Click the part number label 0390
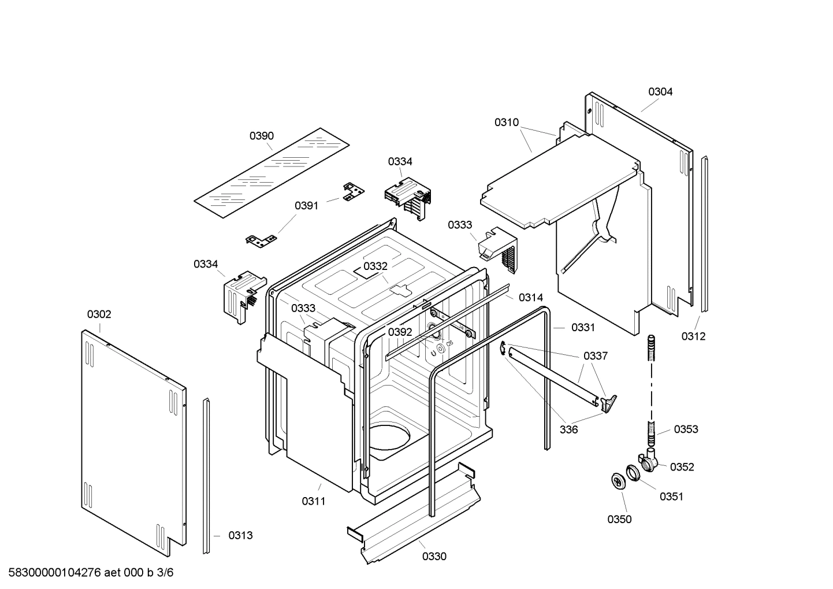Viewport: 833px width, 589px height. point(262,136)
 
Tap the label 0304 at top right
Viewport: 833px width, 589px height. point(660,91)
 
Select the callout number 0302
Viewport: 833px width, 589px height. point(99,314)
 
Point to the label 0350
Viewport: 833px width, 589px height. point(619,519)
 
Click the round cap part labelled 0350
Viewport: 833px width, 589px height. point(619,481)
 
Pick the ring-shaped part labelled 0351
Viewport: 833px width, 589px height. point(632,472)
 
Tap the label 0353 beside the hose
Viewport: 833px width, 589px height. point(686,429)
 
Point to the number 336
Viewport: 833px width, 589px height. point(568,429)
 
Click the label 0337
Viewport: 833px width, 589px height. point(596,356)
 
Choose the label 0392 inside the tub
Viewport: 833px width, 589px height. point(400,332)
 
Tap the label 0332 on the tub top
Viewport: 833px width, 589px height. point(375,266)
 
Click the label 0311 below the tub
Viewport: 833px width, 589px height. point(314,501)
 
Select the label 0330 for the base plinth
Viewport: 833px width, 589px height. point(434,556)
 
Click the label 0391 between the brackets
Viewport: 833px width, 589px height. point(307,206)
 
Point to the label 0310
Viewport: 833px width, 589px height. point(507,123)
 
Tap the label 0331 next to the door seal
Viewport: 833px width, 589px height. point(583,327)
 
